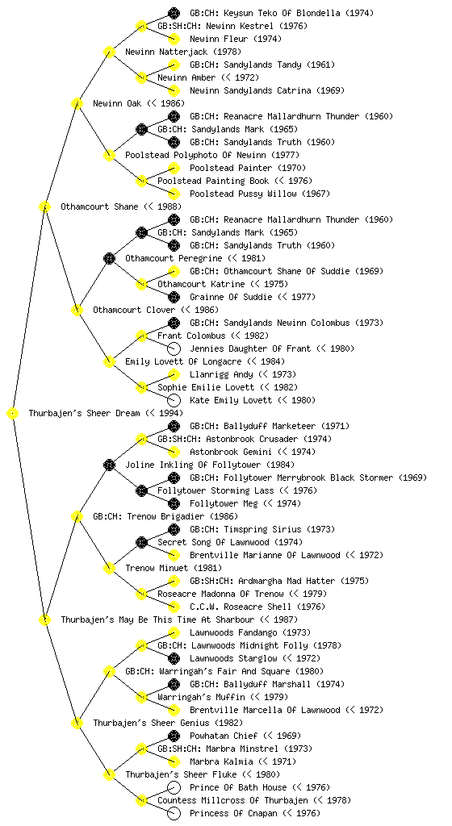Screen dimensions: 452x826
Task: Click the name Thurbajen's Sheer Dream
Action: [84, 413]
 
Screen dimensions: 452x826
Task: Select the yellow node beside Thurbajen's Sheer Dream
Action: [13, 414]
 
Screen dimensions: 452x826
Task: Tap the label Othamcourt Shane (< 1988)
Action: [120, 206]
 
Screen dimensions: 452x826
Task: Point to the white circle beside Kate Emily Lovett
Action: [174, 400]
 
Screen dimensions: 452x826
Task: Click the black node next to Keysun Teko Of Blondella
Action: [174, 13]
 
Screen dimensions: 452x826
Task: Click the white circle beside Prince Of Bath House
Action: [174, 787]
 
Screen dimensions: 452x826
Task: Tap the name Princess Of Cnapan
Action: [233, 813]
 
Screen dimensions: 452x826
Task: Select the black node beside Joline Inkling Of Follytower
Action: [109, 465]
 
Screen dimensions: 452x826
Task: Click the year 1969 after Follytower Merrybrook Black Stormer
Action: [412, 478]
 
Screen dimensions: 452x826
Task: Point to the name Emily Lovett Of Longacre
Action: [183, 361]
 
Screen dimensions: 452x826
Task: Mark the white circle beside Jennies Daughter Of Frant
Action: [174, 348]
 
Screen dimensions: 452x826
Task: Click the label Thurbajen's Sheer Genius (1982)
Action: [168, 723]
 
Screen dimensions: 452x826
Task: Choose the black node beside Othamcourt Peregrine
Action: [109, 258]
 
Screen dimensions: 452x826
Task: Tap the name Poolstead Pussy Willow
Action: [243, 194]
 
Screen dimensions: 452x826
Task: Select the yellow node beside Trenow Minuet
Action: [109, 568]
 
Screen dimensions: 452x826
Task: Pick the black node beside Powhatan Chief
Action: [174, 736]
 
